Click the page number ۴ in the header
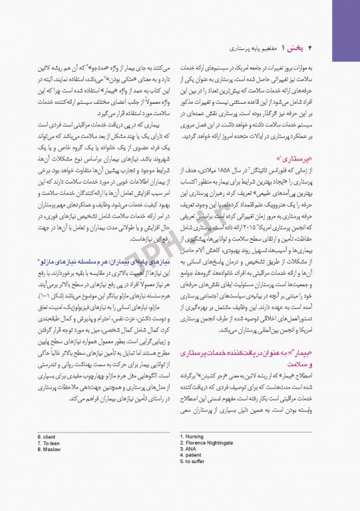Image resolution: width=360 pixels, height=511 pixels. (x=311, y=49)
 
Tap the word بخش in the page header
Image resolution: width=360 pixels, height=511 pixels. (x=295, y=49)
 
